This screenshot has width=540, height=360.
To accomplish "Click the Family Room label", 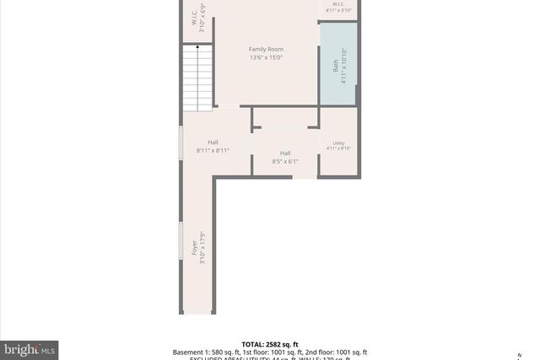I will (266, 50).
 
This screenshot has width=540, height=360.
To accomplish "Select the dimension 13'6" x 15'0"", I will (266, 58).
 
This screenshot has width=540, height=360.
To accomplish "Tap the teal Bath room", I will (338, 65).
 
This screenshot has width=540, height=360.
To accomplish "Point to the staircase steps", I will (199, 80).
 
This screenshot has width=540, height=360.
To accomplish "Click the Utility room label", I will (338, 142).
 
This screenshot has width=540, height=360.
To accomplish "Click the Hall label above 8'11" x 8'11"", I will (213, 142).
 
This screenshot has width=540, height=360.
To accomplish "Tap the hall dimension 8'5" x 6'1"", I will (285, 161).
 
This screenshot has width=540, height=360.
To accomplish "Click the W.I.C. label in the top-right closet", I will (337, 4).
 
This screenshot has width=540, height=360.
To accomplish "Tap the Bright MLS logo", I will (30, 348).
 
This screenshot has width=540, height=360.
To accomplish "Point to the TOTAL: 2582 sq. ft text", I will (270, 345).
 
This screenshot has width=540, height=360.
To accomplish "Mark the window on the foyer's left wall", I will (179, 241).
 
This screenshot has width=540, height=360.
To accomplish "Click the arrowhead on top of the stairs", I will (199, 48).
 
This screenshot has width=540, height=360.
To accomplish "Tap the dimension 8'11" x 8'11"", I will (213, 150).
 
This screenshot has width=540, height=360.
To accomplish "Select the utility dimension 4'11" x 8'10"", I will (338, 149).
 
